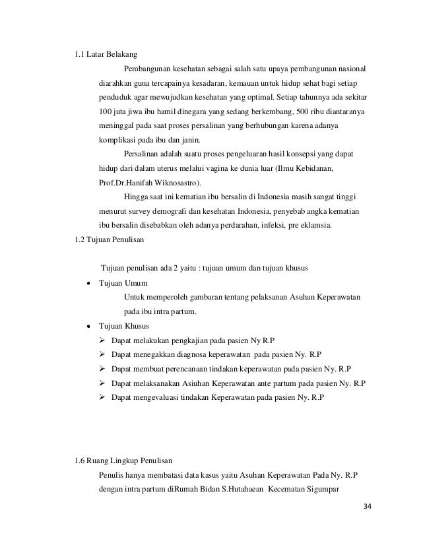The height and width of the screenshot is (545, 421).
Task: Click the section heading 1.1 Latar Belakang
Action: point(106,54)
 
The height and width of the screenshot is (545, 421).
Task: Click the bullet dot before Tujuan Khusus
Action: point(88,327)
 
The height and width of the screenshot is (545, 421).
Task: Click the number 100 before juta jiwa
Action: point(105,113)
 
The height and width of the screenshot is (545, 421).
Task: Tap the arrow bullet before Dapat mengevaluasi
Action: point(102,398)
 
